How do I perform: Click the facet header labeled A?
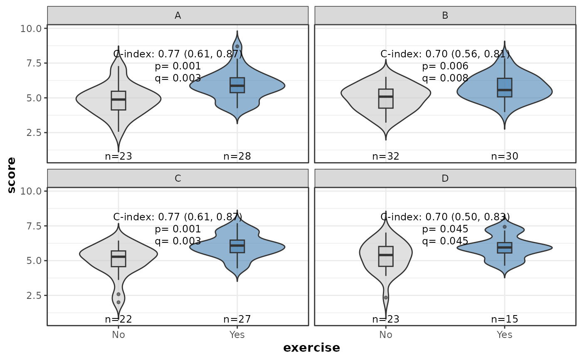point(178,15)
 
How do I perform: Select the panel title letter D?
point(445,178)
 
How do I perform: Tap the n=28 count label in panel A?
point(237,156)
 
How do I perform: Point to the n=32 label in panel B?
point(386,156)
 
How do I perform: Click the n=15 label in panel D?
point(505,319)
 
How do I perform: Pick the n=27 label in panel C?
point(237,319)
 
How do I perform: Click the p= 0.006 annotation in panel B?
point(445,66)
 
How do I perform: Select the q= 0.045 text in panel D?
point(445,241)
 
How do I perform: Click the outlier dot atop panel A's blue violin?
point(237,47)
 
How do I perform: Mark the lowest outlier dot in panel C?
point(118,302)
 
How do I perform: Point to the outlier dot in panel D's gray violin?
point(386,298)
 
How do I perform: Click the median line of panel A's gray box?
point(118,99)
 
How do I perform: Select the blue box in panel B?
point(505,88)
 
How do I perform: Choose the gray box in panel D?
point(386,256)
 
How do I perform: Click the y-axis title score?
point(12,175)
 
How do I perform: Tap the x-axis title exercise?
point(311,348)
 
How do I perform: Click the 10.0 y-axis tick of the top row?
point(31,29)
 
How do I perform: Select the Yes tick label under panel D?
point(505,335)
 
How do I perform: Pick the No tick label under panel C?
point(118,335)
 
